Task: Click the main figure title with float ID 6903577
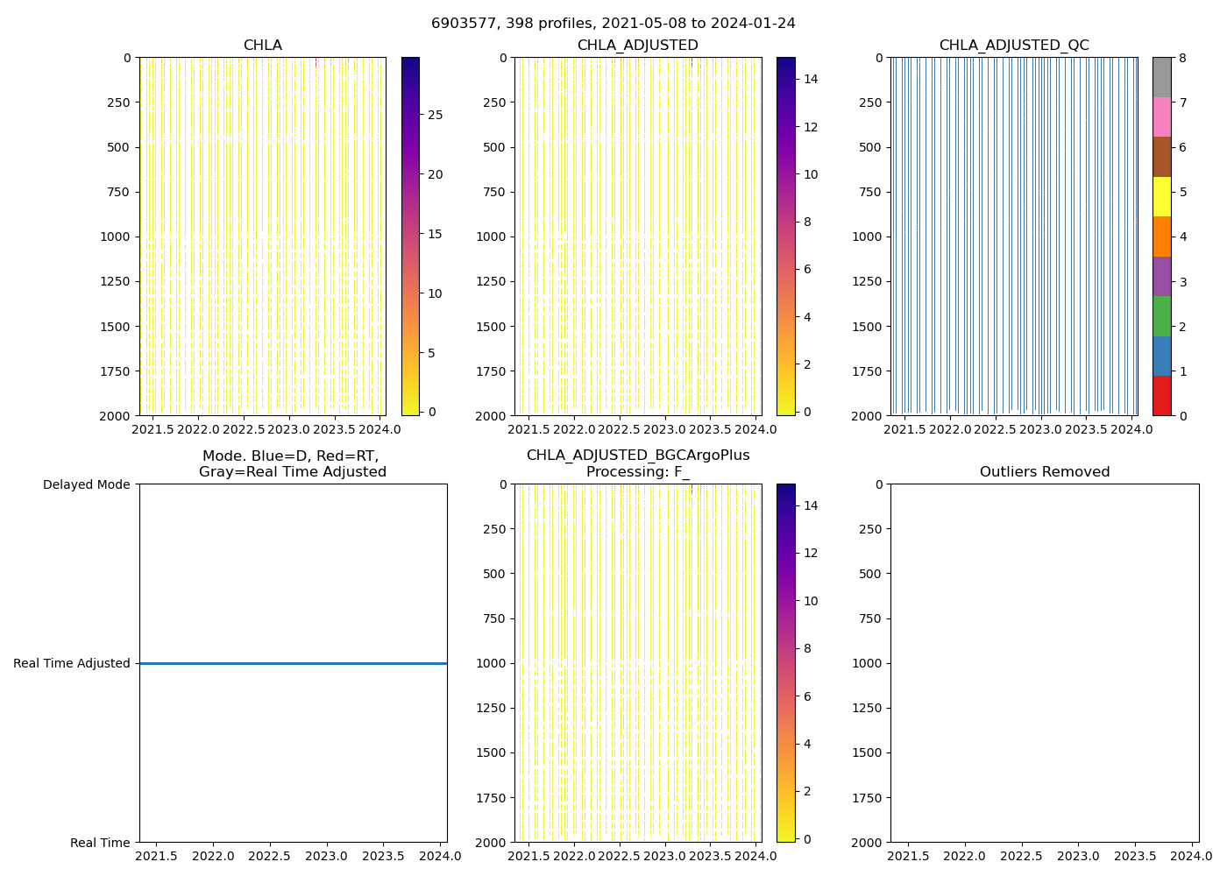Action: tap(613, 24)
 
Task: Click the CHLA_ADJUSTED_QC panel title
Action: tap(1014, 46)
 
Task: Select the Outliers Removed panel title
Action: tap(1045, 472)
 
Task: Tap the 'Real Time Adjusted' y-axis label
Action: tap(72, 663)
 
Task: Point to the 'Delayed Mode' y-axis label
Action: tap(87, 484)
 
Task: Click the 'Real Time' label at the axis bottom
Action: tap(100, 843)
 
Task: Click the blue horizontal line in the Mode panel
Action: tap(293, 663)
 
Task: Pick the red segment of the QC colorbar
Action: tap(1161, 396)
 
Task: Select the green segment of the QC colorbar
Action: tap(1161, 316)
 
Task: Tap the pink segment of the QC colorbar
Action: tap(1161, 117)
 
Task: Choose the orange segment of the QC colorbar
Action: tap(1161, 237)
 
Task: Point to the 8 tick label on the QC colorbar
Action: tap(1182, 58)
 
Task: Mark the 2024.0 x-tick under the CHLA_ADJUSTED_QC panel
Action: tap(1131, 429)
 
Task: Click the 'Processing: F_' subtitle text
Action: tap(637, 472)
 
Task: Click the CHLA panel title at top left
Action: tap(262, 46)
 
